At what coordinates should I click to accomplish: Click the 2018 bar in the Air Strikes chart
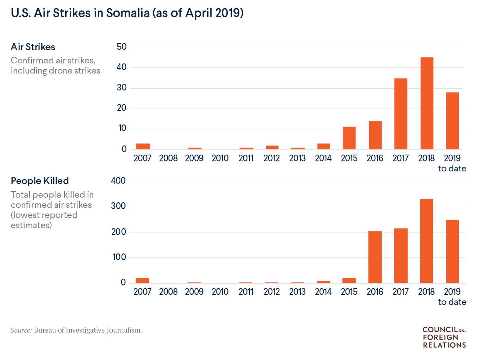tap(427, 103)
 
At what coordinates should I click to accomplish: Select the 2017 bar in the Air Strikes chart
tap(401, 114)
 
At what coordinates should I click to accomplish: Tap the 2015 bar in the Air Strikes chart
tap(349, 138)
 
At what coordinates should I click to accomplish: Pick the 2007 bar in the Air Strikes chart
tap(143, 146)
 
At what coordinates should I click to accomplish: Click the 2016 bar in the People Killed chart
tap(375, 257)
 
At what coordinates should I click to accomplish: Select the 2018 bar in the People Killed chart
tap(426, 241)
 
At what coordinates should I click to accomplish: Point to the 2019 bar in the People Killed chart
tap(452, 252)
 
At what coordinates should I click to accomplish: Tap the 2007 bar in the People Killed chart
tap(142, 281)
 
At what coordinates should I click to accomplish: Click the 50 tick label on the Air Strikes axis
tap(122, 47)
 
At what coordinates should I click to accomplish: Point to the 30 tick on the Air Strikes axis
tap(122, 88)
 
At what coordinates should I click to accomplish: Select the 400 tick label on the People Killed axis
tap(118, 180)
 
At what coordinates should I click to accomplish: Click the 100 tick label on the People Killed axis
tap(119, 257)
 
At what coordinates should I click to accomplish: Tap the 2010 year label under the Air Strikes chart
tap(220, 158)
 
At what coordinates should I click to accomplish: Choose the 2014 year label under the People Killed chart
tap(323, 291)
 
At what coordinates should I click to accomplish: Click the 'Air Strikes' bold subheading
tap(33, 47)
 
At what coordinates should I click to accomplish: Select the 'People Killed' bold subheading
tap(40, 181)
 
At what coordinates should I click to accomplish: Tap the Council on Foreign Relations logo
tap(445, 337)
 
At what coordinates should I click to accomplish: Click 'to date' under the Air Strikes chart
tap(452, 168)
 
